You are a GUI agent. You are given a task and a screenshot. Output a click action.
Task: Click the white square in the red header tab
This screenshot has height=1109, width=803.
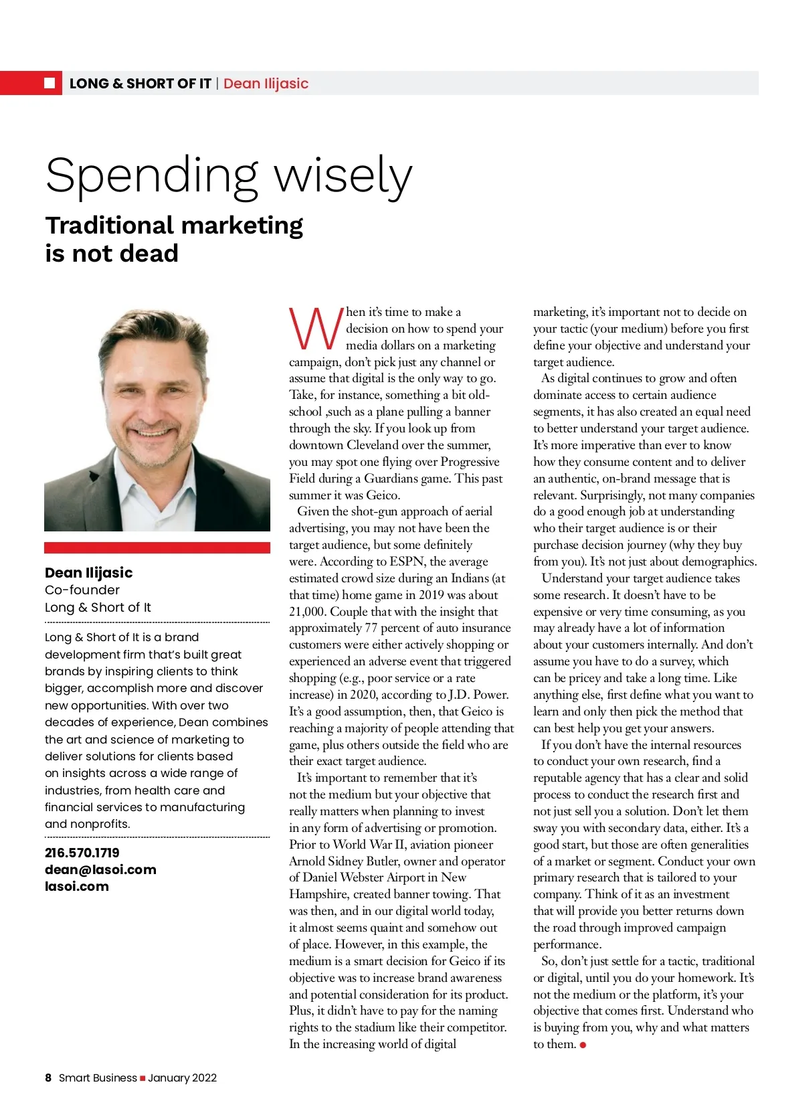pyautogui.click(x=50, y=83)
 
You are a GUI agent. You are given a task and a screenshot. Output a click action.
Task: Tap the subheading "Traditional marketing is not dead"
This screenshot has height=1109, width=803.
pyautogui.click(x=174, y=239)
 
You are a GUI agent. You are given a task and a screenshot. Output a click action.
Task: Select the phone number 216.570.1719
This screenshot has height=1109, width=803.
pyautogui.click(x=82, y=853)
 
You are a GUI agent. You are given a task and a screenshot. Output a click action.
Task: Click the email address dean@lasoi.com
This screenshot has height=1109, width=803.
pyautogui.click(x=100, y=869)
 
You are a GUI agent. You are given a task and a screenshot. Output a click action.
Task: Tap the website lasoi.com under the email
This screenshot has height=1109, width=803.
pyautogui.click(x=76, y=886)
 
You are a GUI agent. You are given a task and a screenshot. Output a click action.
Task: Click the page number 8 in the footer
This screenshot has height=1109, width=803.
pyautogui.click(x=48, y=1078)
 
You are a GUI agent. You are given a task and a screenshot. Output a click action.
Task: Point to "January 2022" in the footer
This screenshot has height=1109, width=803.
pyautogui.click(x=183, y=1078)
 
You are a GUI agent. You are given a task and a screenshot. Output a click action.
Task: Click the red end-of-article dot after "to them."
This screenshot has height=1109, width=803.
pyautogui.click(x=583, y=1045)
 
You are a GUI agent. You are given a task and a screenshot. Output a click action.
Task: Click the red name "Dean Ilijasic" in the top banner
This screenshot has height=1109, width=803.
pyautogui.click(x=266, y=84)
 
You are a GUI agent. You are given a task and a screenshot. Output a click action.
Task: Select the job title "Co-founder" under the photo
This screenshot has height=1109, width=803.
pyautogui.click(x=82, y=590)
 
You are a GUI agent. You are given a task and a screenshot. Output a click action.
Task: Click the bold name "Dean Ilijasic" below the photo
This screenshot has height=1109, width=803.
pyautogui.click(x=88, y=572)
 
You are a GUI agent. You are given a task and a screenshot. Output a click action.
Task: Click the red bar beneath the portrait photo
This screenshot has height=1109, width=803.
pyautogui.click(x=157, y=547)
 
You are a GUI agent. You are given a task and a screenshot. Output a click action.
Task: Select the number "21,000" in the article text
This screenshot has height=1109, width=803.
pyautogui.click(x=307, y=612)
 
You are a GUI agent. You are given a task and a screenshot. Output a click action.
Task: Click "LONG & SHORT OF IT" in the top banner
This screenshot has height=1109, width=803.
pyautogui.click(x=141, y=84)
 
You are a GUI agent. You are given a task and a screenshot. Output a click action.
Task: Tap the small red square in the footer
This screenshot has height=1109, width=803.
pyautogui.click(x=143, y=1078)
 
